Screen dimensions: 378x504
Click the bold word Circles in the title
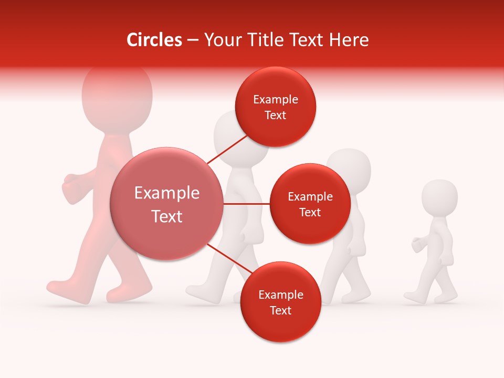point(154,40)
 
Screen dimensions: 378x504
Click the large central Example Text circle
point(166,204)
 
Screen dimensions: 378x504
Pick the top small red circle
point(275,107)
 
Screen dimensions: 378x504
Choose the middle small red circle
point(310,204)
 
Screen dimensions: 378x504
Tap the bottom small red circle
point(280,302)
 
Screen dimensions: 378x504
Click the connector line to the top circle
point(227,149)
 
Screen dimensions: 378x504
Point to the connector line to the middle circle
point(246,204)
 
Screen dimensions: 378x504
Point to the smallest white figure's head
point(439,197)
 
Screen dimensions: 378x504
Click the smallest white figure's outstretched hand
point(418,244)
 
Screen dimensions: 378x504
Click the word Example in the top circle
point(275,99)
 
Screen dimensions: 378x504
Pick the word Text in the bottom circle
point(280,310)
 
